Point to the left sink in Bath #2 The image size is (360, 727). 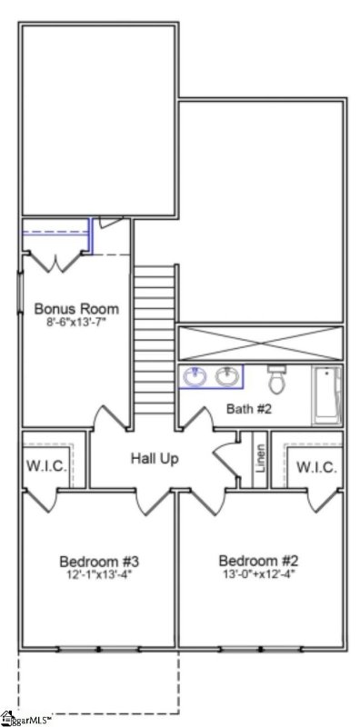click(x=195, y=375)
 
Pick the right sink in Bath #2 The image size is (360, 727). click(x=227, y=375)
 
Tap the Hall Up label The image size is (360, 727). click(x=154, y=458)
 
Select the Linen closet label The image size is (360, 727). click(x=260, y=457)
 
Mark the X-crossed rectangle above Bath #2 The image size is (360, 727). click(x=260, y=344)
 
